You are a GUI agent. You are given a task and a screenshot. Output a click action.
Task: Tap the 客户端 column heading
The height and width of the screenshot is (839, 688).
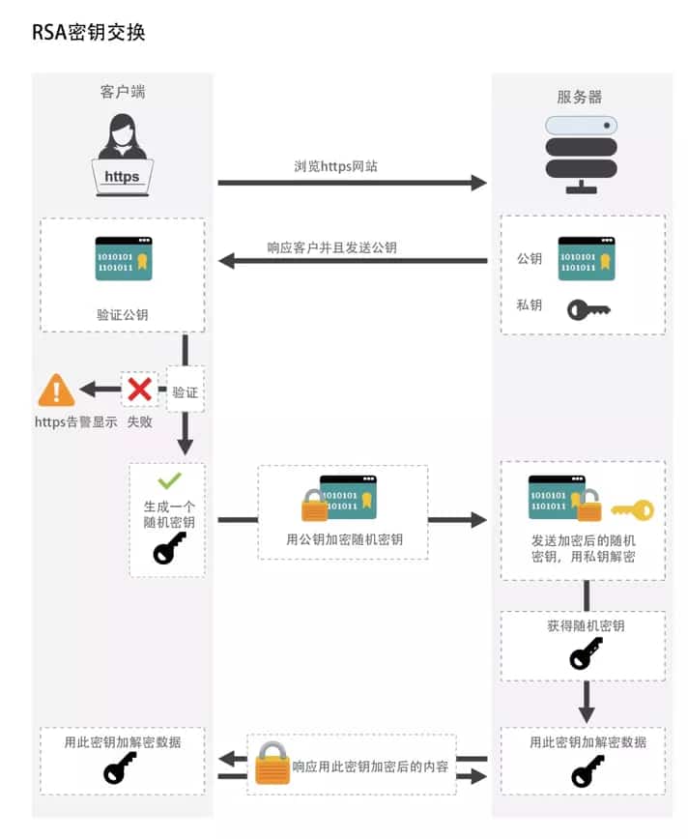click(x=123, y=92)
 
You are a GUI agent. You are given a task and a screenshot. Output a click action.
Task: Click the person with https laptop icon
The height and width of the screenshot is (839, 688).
click(x=122, y=155)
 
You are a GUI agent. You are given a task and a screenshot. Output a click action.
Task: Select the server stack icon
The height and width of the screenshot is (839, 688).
click(x=581, y=154)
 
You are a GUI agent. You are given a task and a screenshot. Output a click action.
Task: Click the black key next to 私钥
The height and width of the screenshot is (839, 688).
click(x=588, y=309)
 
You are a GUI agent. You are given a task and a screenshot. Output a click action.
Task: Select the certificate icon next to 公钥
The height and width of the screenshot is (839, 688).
click(x=586, y=258)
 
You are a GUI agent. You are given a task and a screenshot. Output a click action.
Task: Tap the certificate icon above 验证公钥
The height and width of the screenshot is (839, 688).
click(x=123, y=258)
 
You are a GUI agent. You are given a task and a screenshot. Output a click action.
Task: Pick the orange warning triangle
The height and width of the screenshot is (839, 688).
click(x=56, y=391)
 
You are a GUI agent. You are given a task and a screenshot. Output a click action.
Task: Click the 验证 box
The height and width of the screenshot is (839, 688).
click(x=186, y=392)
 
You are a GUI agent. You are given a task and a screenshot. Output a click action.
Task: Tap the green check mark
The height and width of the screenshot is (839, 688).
click(x=169, y=479)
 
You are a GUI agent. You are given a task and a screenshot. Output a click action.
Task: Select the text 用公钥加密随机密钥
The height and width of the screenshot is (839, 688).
click(x=344, y=539)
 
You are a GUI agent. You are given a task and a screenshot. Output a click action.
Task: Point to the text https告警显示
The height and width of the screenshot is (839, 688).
click(x=75, y=422)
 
